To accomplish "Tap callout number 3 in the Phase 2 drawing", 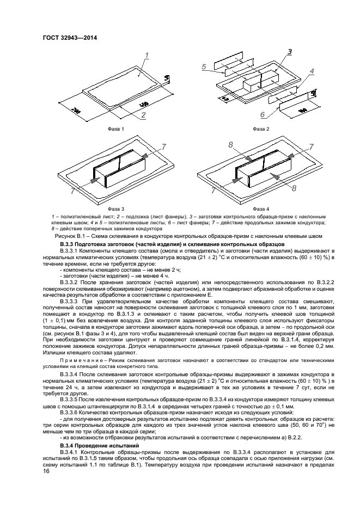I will pyautogui.click(x=290, y=52).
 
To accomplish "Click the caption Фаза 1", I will pyautogui.click(x=116, y=129).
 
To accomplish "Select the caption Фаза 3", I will pyautogui.click(x=116, y=209).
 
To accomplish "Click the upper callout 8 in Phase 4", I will pyautogui.click(x=231, y=145).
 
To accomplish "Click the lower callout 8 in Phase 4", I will pyautogui.click(x=294, y=188).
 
